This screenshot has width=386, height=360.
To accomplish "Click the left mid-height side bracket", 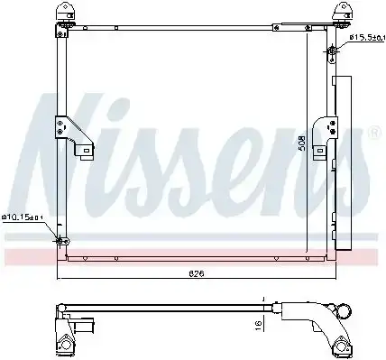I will (72, 131).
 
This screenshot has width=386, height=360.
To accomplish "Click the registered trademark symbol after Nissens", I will (372, 134).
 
